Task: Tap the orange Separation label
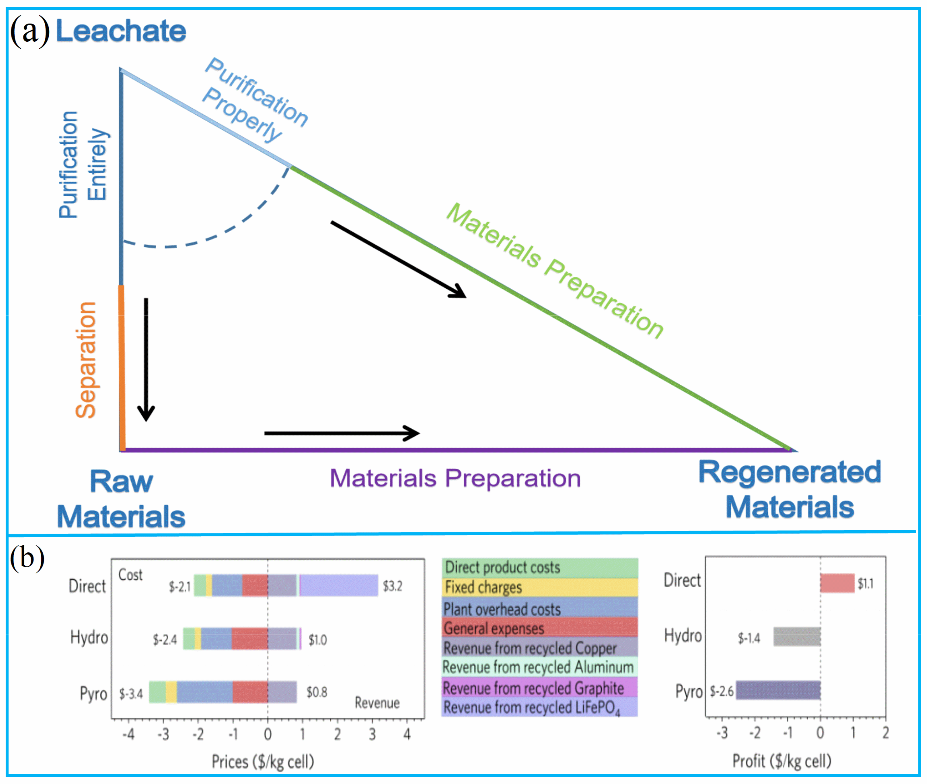click(85, 360)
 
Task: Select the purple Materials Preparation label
click(455, 478)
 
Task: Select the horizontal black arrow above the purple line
click(341, 433)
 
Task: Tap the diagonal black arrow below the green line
click(398, 259)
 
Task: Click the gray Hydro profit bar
click(797, 636)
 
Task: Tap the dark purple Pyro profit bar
click(778, 690)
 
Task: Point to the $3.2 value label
click(393, 586)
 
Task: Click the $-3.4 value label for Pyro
click(131, 694)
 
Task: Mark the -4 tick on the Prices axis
click(129, 734)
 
